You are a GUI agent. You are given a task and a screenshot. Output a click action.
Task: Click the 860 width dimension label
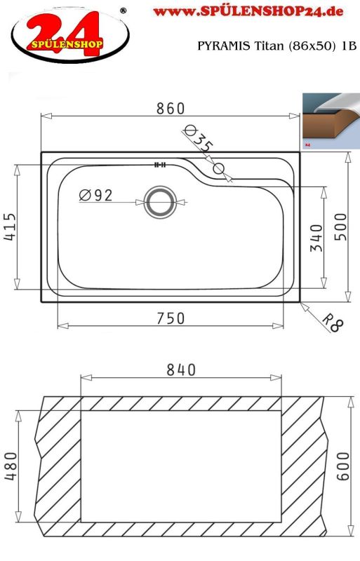pos(170,109)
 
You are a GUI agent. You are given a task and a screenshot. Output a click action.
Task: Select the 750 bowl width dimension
pos(171,318)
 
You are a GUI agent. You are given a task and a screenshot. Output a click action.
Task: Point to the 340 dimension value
pos(315,238)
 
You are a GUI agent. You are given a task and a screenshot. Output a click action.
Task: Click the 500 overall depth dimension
pos(340,227)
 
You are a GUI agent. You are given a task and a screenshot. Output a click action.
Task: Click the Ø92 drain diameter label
pos(95,196)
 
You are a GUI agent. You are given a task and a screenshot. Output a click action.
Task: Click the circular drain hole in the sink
pos(160,203)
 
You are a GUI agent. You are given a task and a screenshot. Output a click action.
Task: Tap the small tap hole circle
pos(218,168)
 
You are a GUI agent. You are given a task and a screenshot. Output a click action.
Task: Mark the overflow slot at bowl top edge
pos(159,165)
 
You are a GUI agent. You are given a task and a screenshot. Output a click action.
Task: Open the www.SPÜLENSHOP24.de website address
pos(248,12)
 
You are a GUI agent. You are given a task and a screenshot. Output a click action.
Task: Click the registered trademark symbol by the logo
pos(124,11)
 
